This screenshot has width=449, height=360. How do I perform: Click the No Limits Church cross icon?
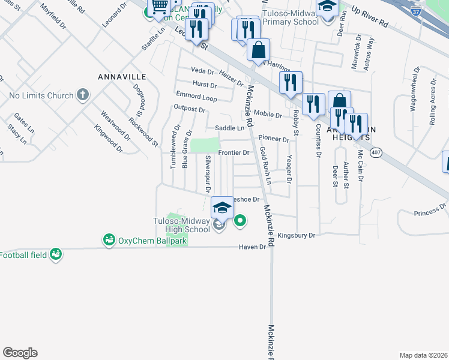83,95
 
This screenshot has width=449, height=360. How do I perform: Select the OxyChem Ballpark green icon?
109,241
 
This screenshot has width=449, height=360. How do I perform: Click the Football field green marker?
56,255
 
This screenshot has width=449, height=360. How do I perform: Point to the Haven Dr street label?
252,247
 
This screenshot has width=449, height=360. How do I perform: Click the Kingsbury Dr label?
297,236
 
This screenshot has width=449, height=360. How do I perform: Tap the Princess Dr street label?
430,210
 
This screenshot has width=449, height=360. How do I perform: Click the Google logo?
20,353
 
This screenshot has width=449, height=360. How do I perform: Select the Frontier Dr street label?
234,153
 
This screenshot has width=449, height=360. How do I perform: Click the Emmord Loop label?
196,97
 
